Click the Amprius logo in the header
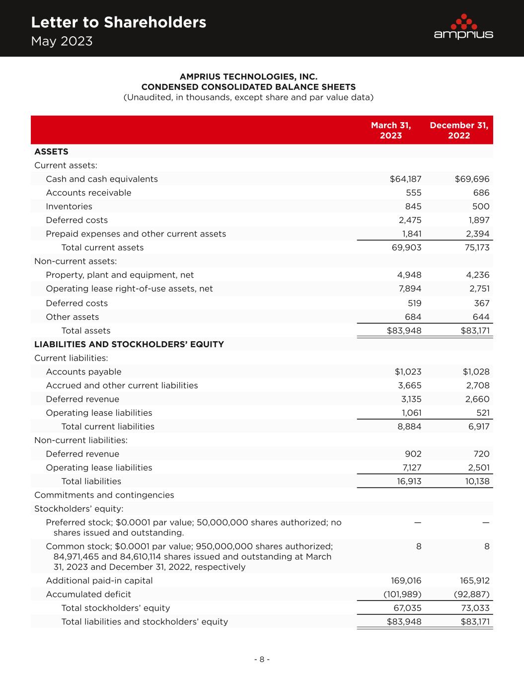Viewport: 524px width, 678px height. (463, 27)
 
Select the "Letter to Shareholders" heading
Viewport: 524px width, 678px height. (118, 22)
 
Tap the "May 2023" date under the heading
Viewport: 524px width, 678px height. (62, 41)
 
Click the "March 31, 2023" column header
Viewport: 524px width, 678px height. (390, 130)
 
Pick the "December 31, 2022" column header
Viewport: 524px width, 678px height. (458, 130)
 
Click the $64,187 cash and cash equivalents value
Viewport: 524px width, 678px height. (405, 179)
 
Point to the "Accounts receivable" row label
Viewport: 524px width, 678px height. (88, 193)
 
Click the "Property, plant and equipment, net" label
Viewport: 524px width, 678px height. (120, 275)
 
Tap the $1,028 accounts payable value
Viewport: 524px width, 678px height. (476, 372)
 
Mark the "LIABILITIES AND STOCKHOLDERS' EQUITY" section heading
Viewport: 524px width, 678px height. (129, 344)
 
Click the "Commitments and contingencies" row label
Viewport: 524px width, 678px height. (104, 495)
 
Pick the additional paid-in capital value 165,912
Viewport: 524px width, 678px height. (472, 580)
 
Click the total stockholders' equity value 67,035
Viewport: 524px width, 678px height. (406, 608)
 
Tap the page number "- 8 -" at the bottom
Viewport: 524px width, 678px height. (262, 659)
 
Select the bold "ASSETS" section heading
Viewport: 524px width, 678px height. (51, 151)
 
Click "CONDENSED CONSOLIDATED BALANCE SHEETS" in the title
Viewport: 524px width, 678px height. (248, 87)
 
